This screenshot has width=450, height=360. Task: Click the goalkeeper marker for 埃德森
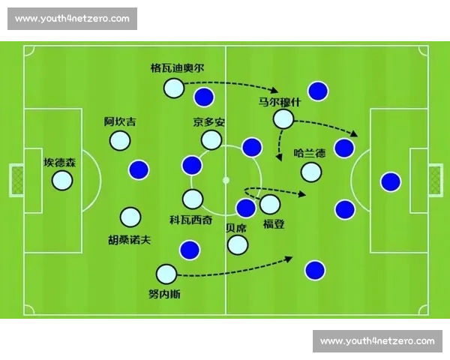pos(62,180)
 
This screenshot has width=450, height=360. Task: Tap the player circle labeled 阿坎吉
pos(119,140)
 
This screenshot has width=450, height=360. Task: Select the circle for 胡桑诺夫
pos(130,217)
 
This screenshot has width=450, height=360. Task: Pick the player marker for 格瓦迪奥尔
pos(173,88)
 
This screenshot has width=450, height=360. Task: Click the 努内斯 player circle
pos(166,274)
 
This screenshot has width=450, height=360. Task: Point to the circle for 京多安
pos(211,139)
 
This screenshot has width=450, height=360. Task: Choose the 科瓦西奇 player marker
pos(193,199)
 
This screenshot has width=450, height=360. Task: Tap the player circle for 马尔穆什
pos(283,118)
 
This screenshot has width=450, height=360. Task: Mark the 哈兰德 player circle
pos(311,172)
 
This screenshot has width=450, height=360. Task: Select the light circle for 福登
pos(270,203)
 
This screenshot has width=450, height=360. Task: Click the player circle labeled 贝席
pos(238,244)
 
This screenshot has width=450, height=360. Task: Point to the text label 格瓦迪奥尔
pos(176,68)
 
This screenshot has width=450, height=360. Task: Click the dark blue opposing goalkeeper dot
pos(390,181)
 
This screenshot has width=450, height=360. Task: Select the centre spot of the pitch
pos(226,180)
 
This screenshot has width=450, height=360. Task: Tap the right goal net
pos(435,180)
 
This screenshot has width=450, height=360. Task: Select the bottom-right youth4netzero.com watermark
pos(377,341)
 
